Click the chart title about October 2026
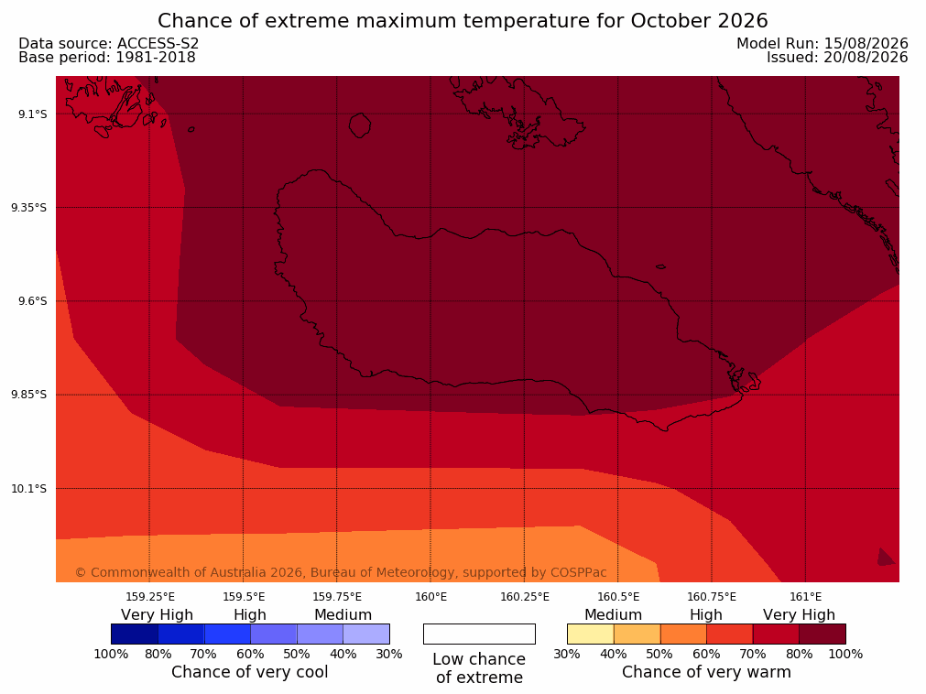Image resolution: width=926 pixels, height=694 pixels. click(x=463, y=21)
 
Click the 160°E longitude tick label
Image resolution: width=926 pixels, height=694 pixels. click(x=430, y=597)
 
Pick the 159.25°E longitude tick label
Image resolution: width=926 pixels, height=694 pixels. click(x=150, y=597)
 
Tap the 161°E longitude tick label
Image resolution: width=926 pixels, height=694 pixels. click(x=805, y=597)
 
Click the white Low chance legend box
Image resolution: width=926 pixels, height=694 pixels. click(x=479, y=634)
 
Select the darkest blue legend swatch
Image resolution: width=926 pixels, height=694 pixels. click(x=135, y=634)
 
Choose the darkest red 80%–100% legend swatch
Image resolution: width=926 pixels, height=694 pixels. click(x=823, y=634)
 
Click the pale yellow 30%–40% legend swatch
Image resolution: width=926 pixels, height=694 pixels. click(x=590, y=634)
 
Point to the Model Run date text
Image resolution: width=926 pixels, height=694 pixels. click(x=823, y=44)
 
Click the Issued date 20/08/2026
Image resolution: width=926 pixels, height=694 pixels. click(x=837, y=58)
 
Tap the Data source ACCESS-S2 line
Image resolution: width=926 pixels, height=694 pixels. click(x=109, y=44)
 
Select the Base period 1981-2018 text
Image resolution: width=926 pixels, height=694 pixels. click(x=107, y=58)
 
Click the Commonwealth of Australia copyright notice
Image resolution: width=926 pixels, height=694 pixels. click(x=341, y=572)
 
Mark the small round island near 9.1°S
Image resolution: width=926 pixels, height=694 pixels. click(x=360, y=125)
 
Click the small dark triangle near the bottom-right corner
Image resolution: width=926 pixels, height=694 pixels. click(x=886, y=557)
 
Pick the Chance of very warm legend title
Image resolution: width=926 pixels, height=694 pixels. click(x=706, y=672)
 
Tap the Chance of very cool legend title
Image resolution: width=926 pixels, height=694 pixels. click(x=250, y=672)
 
